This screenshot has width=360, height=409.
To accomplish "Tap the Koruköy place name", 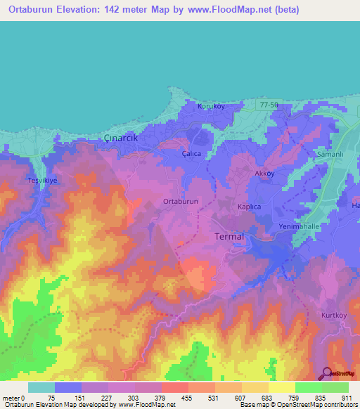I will point(210,106).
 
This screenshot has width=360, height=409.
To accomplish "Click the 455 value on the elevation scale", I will point(188,397).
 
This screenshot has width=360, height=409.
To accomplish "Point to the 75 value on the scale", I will point(54,397).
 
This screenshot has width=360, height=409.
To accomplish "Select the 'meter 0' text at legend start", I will point(14,397).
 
